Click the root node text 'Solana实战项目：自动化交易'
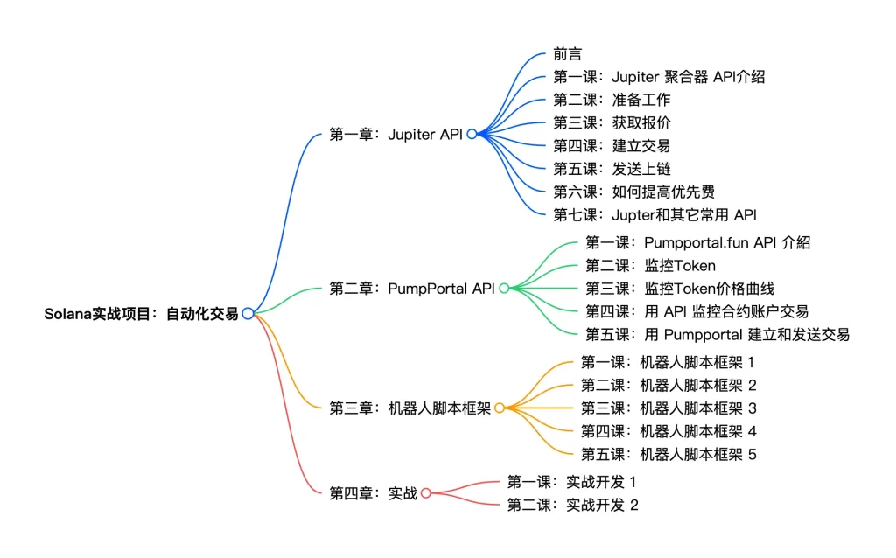(141, 313)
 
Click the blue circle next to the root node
(248, 313)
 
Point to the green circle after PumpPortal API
(504, 288)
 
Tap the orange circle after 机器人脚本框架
(499, 408)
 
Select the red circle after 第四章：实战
(425, 492)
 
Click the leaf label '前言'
(567, 53)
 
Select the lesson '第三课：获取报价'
(612, 122)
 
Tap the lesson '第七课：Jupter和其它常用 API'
(654, 214)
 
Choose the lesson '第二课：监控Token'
(650, 265)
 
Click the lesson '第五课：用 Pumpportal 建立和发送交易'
(717, 334)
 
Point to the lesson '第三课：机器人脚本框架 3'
(668, 408)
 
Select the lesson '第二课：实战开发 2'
(572, 505)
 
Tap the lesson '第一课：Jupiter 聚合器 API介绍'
(659, 76)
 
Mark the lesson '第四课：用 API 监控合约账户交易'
(696, 311)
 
